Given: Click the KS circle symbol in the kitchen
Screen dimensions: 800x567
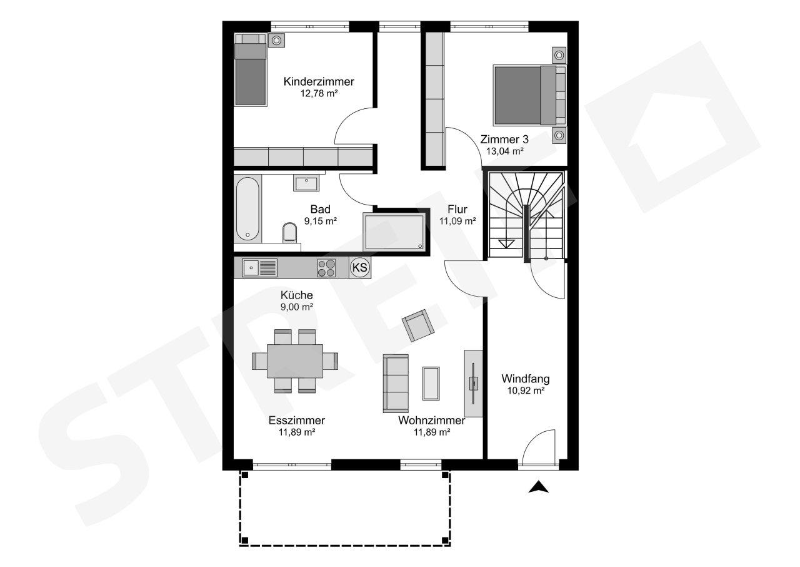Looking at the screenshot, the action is pyautogui.click(x=359, y=267).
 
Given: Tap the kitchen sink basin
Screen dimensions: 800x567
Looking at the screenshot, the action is pyautogui.click(x=251, y=268).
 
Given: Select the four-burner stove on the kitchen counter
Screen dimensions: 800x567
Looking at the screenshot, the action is pyautogui.click(x=326, y=268).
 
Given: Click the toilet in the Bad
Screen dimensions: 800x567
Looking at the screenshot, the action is pyautogui.click(x=289, y=232).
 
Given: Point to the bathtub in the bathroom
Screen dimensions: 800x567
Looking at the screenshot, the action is pyautogui.click(x=248, y=209).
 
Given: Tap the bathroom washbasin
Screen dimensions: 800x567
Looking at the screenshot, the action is pyautogui.click(x=306, y=183).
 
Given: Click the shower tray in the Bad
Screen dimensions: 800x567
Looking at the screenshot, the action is pyautogui.click(x=394, y=232).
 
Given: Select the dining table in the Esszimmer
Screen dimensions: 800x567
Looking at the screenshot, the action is pyautogui.click(x=295, y=360).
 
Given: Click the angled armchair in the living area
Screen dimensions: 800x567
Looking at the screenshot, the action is pyautogui.click(x=418, y=325).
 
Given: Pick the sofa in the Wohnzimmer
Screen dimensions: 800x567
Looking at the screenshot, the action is pyautogui.click(x=396, y=384).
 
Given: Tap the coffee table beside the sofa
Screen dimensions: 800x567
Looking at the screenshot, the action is pyautogui.click(x=431, y=383).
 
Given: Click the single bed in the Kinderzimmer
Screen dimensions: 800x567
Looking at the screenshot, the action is pyautogui.click(x=251, y=69).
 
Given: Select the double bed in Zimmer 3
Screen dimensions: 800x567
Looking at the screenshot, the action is pyautogui.click(x=530, y=96).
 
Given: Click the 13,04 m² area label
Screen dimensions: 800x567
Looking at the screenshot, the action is pyautogui.click(x=504, y=151).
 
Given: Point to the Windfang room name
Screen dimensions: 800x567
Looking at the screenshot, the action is pyautogui.click(x=526, y=379).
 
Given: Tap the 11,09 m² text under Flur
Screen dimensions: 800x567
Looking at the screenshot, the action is pyautogui.click(x=457, y=221).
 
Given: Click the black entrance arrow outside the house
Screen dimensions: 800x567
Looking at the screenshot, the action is pyautogui.click(x=539, y=487).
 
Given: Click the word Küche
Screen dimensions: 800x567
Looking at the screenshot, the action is pyautogui.click(x=296, y=295).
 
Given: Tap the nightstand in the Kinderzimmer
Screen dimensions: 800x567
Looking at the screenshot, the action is pyautogui.click(x=276, y=41).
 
